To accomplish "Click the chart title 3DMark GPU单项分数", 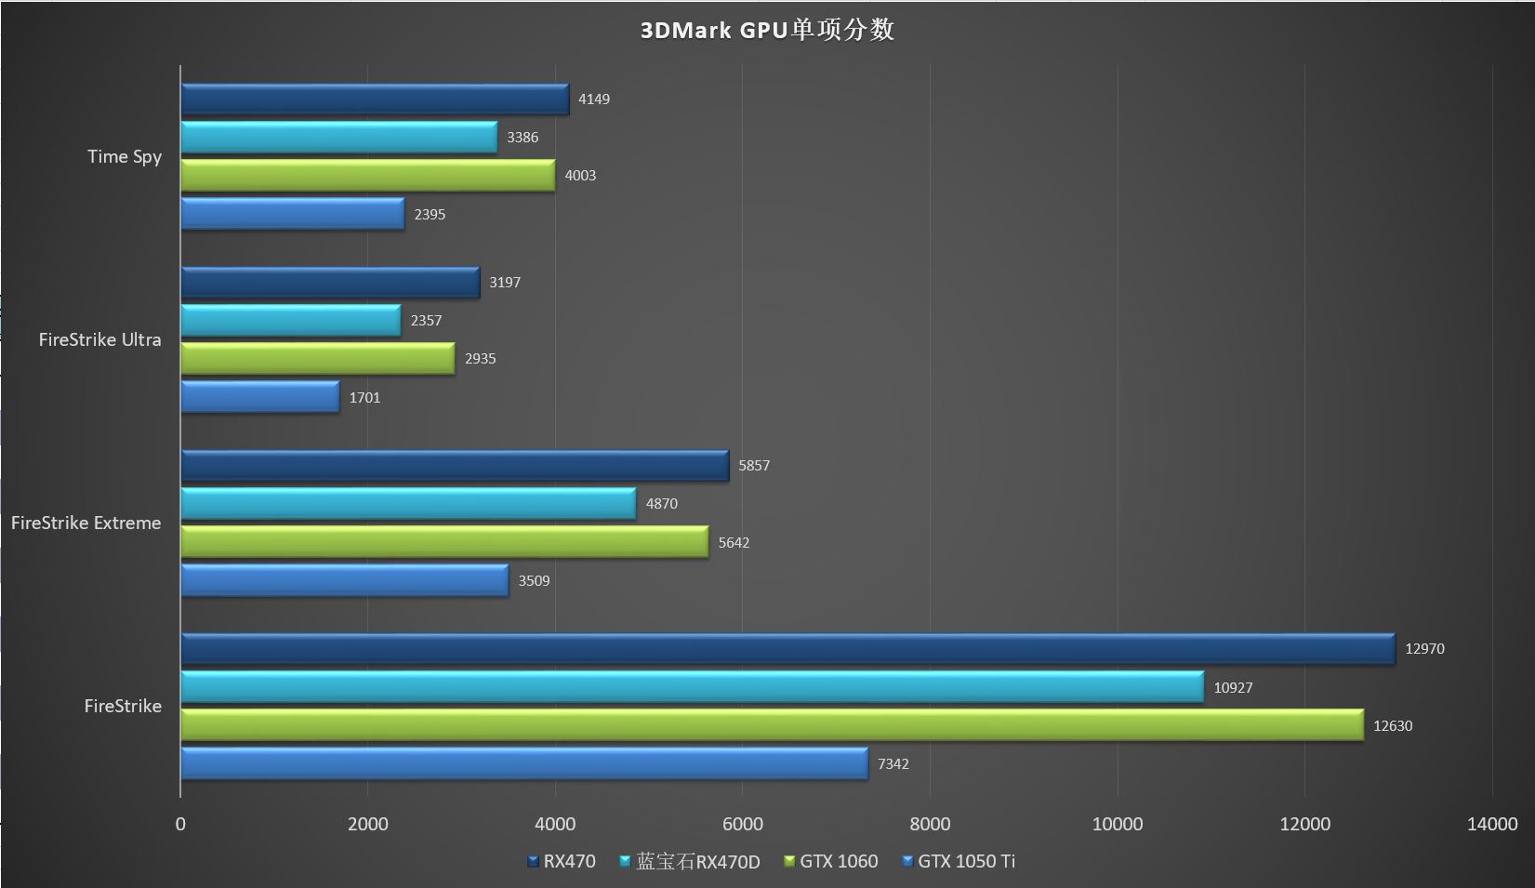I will (767, 30).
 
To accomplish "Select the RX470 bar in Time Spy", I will (375, 99).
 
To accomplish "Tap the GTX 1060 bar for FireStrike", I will (772, 725).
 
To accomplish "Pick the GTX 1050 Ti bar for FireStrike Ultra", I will (259, 397).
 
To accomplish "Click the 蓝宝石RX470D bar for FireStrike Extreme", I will (408, 504).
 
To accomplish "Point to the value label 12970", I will (1424, 649).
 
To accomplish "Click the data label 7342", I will (893, 764).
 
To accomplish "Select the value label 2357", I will (426, 321).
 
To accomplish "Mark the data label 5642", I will (734, 543).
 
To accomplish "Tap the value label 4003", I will (580, 176).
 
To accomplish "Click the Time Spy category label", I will (125, 156).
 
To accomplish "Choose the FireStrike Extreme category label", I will (86, 523).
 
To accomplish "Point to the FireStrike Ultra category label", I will (99, 339).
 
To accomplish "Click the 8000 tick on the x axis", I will (930, 824).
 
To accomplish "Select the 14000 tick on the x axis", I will (1491, 824).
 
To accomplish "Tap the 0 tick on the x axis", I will (180, 824).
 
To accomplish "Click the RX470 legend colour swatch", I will (533, 862).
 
